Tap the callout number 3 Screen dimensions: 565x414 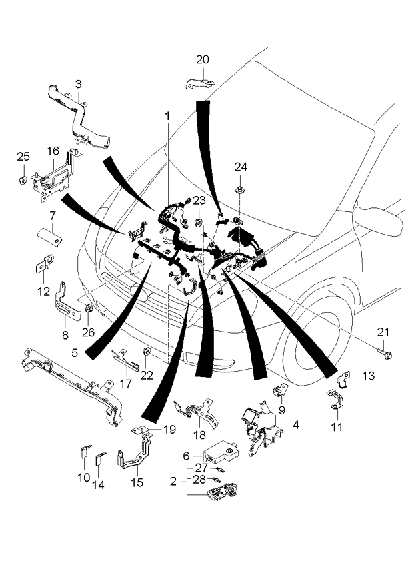point(79,84)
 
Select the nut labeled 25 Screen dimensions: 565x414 point(23,180)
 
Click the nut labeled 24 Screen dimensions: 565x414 point(239,191)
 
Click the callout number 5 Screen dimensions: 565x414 point(75,352)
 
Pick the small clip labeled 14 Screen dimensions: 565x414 point(101,459)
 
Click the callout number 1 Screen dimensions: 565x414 point(167,116)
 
